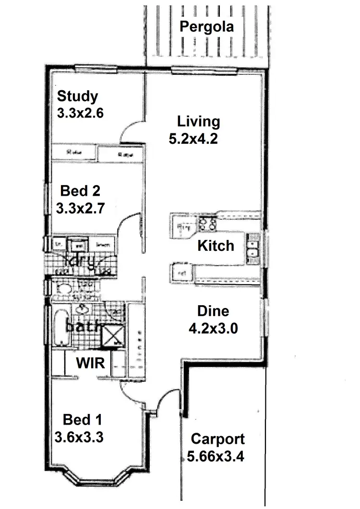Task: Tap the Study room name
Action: (x=77, y=96)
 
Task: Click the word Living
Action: (x=198, y=121)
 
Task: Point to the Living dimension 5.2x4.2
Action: (x=194, y=139)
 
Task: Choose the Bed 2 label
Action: (x=80, y=191)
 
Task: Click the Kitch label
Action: (x=216, y=246)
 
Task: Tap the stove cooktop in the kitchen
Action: (x=207, y=224)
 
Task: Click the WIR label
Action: (x=91, y=363)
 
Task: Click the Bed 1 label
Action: (x=82, y=420)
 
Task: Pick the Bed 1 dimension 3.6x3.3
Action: (x=80, y=437)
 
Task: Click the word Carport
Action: (x=217, y=438)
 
